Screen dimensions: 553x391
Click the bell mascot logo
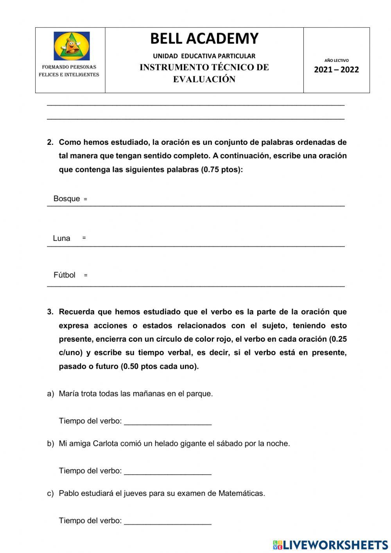click(72, 46)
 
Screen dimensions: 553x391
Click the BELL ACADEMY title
click(204, 38)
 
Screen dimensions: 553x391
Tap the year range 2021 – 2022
click(336, 70)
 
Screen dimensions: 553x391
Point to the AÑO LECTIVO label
click(336, 60)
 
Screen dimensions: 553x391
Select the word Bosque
click(66, 198)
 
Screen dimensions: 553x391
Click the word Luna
click(61, 238)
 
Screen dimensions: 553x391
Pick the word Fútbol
click(64, 275)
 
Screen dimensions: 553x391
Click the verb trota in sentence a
click(89, 394)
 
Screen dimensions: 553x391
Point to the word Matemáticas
click(241, 493)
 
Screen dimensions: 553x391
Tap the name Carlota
click(105, 443)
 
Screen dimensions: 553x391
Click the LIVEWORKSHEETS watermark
click(330, 545)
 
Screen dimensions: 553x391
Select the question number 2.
click(50, 142)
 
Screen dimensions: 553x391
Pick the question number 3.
click(50, 312)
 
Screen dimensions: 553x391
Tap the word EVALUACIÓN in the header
click(204, 79)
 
